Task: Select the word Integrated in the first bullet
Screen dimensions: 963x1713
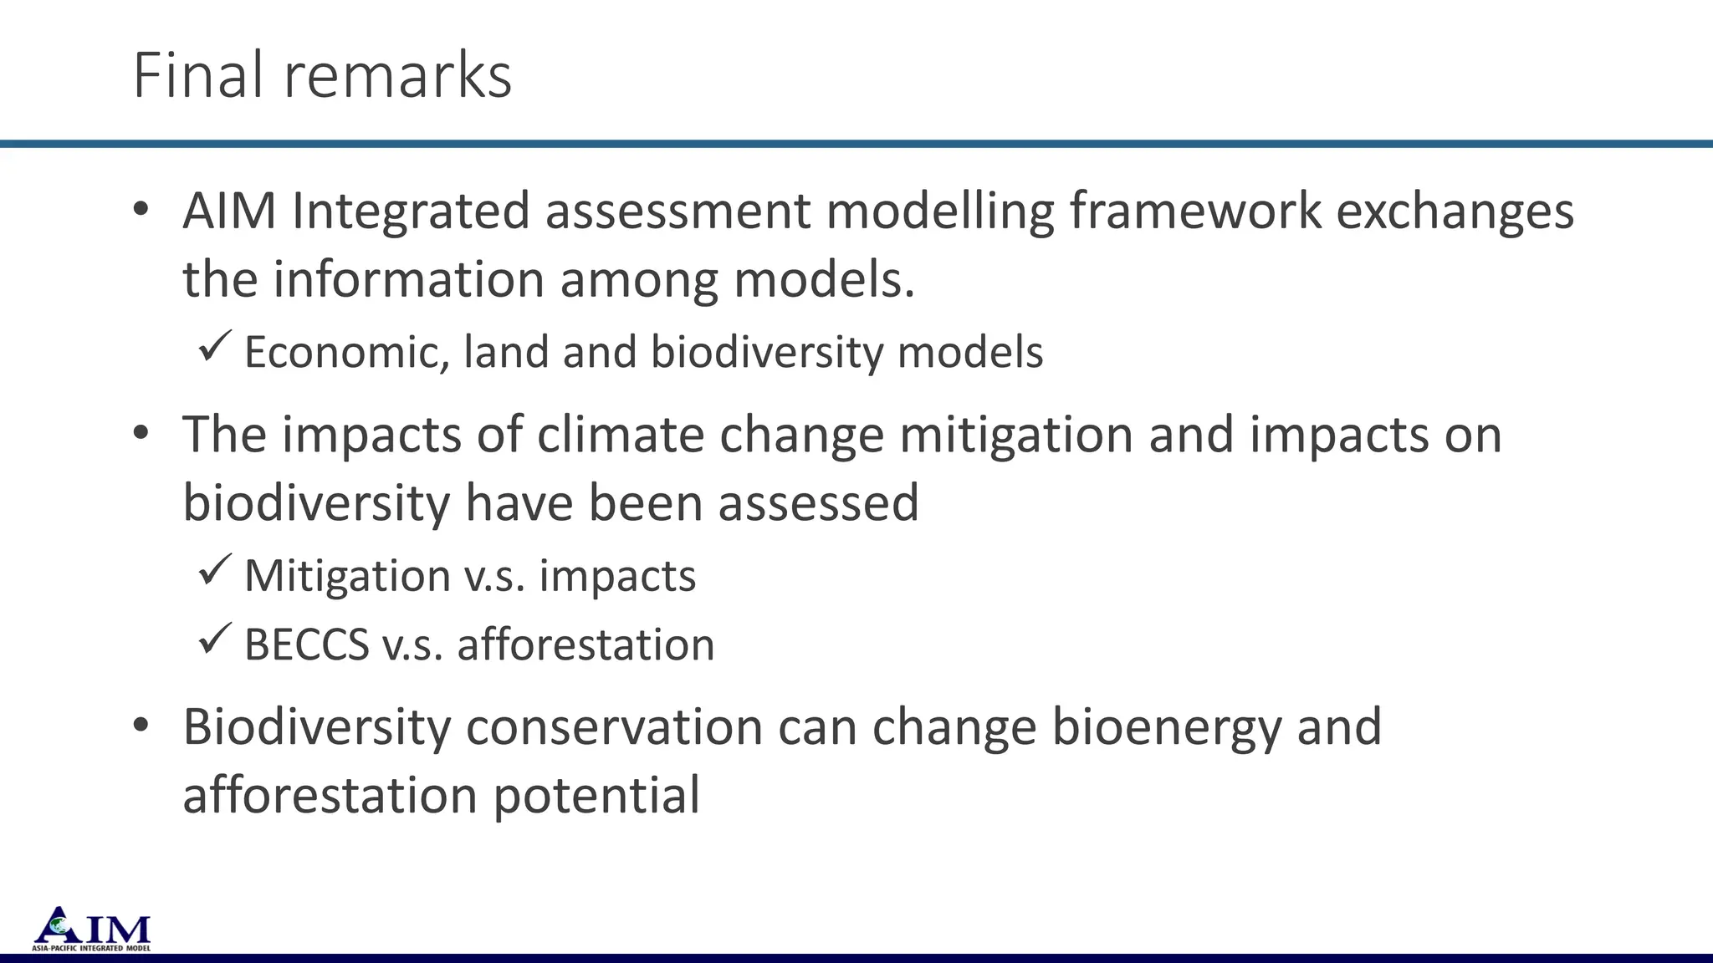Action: coord(411,210)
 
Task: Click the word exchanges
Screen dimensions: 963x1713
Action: coord(1455,210)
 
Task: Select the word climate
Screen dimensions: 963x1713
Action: coord(621,435)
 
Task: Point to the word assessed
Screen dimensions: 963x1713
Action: coord(818,502)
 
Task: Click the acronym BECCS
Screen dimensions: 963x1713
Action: coord(306,645)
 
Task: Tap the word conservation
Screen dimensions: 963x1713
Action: coord(614,726)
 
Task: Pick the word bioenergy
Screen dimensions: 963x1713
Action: coord(1166,727)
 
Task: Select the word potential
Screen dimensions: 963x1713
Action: coord(596,795)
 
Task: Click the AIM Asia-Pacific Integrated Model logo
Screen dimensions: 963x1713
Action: coord(92,929)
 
